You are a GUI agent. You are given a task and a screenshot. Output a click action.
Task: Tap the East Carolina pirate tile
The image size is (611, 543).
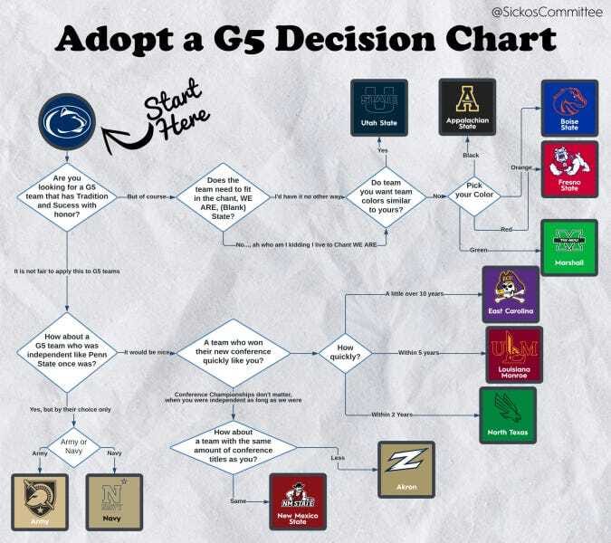511,294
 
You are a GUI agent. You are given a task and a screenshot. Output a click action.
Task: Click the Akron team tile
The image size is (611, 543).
406,470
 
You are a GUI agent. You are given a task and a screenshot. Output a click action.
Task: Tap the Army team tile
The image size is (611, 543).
40,500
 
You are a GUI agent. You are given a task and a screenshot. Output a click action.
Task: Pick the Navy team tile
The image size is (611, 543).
113,500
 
